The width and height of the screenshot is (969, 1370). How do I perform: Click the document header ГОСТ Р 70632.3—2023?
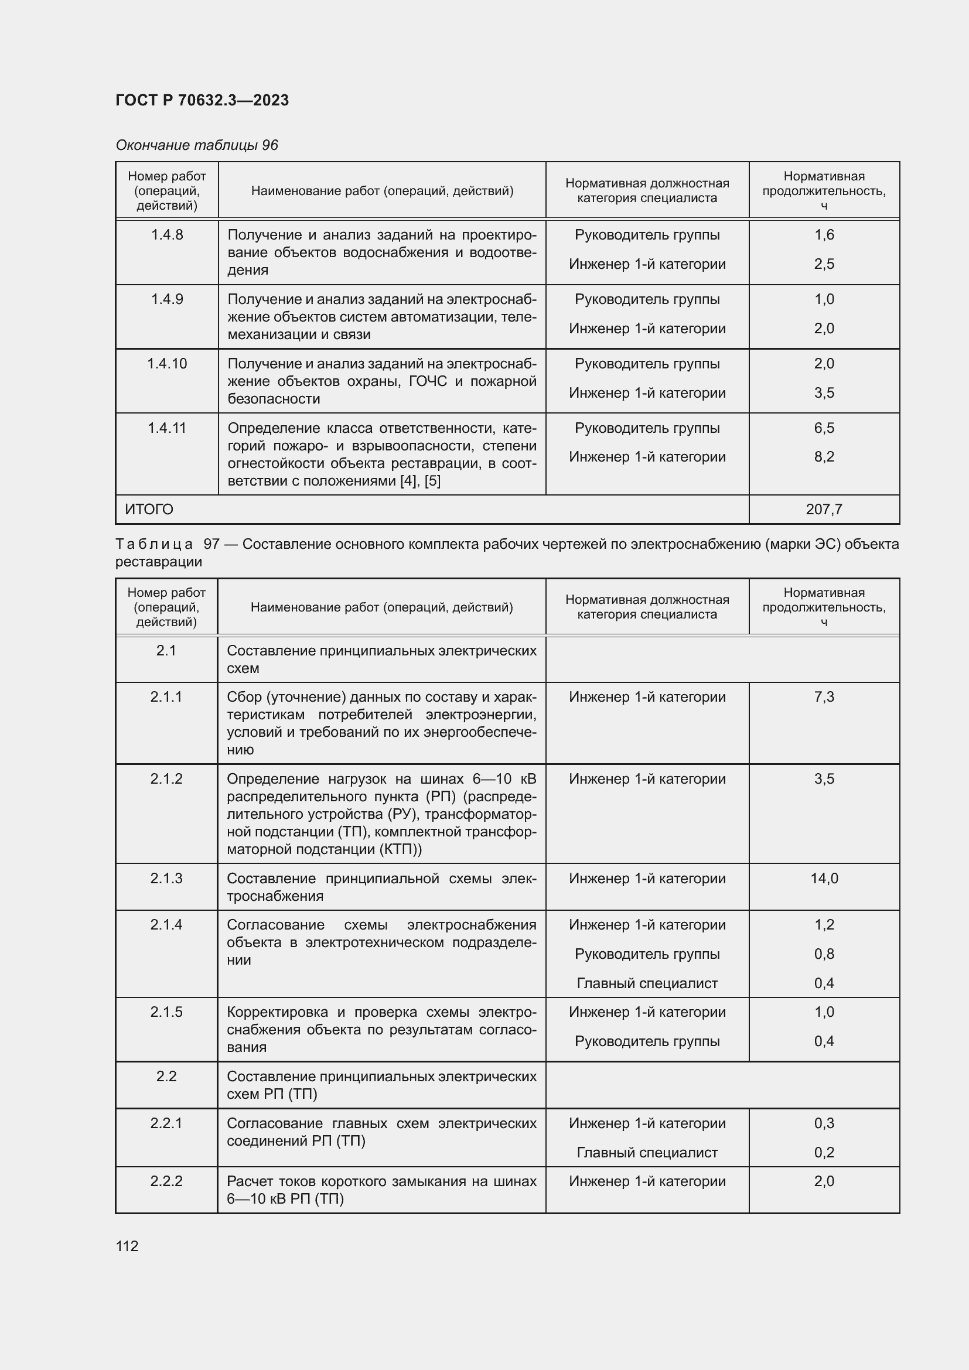point(202,100)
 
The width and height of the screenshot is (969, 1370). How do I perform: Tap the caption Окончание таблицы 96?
point(196,145)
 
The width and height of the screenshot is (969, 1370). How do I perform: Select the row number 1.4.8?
point(166,235)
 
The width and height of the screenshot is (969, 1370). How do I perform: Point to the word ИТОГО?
point(149,510)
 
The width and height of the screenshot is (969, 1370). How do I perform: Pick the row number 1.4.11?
point(166,428)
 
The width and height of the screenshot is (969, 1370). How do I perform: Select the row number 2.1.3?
point(166,879)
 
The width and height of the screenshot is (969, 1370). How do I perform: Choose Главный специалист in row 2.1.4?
point(647,983)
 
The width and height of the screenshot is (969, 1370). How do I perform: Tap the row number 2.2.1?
point(166,1123)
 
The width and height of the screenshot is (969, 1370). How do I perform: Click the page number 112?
point(127,1246)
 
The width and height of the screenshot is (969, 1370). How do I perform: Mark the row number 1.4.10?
point(166,363)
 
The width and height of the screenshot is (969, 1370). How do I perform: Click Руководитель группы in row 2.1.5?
point(647,1041)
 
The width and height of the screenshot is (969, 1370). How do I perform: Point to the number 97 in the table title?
point(212,544)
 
